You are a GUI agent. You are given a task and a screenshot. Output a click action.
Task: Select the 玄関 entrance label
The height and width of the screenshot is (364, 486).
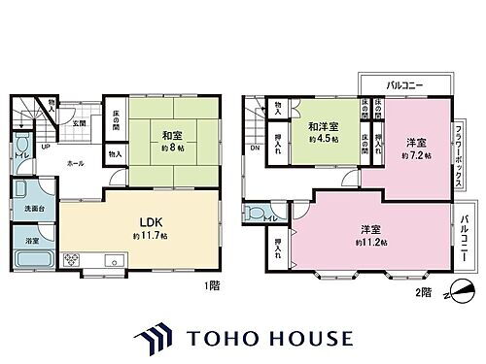click(80, 123)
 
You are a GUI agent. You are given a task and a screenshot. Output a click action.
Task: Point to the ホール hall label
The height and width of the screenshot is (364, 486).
click(75, 165)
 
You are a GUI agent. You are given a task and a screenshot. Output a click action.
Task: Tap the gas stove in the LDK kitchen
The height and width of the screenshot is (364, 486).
click(74, 259)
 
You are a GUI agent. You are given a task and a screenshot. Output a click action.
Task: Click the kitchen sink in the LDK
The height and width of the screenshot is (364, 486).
click(115, 259)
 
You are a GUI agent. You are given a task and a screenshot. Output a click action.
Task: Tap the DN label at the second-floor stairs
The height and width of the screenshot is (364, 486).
click(256, 149)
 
